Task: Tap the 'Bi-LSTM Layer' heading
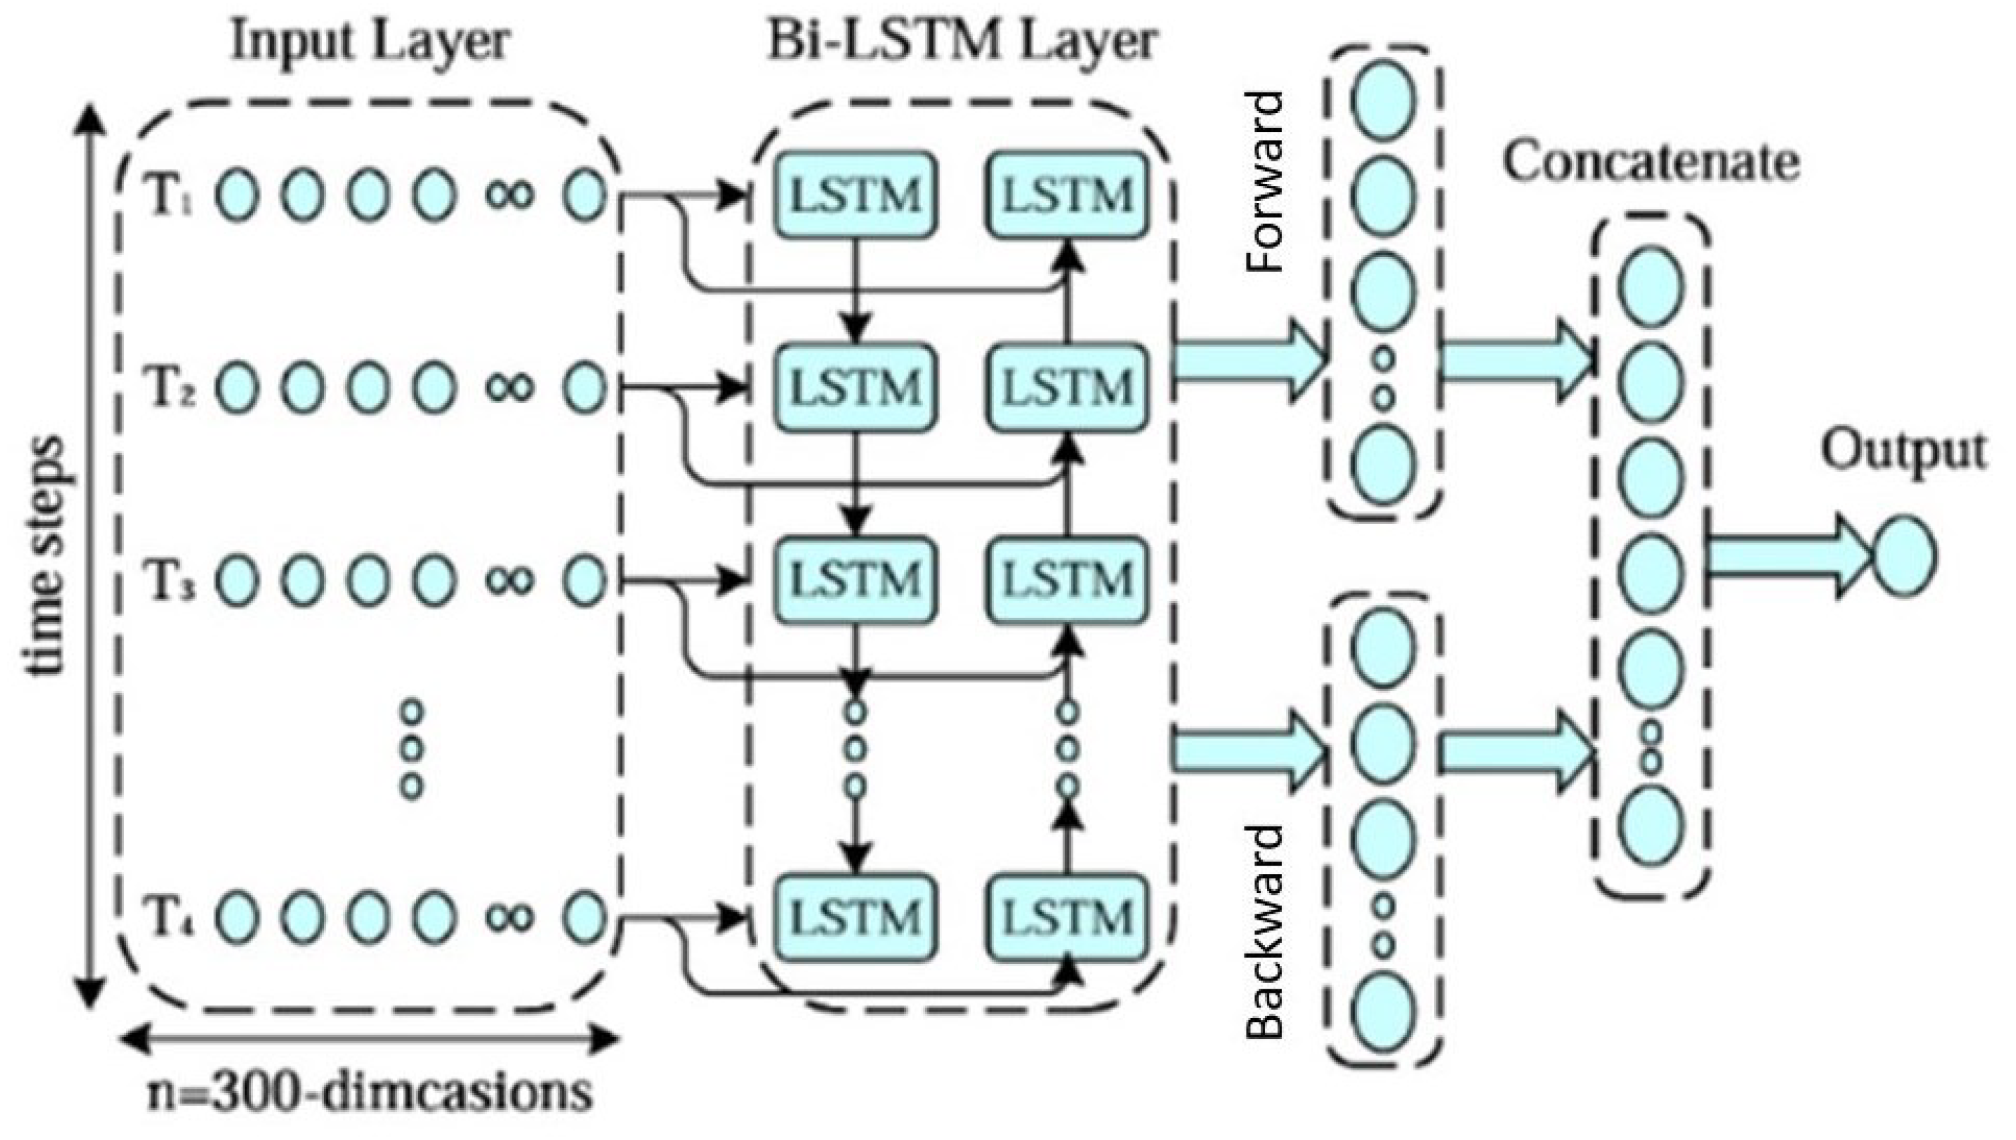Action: (x=962, y=42)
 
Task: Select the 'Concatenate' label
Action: (x=1651, y=163)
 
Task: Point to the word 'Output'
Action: (x=1903, y=453)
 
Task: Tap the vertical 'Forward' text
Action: (x=1264, y=181)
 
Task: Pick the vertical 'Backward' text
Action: (x=1264, y=932)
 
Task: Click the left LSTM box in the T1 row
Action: (x=855, y=195)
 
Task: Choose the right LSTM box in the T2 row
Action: (x=1068, y=388)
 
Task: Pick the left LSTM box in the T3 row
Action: (x=855, y=580)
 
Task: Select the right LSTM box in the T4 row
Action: (x=1068, y=918)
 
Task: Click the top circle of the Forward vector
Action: (x=1383, y=100)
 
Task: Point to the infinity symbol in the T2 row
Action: (x=509, y=388)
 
